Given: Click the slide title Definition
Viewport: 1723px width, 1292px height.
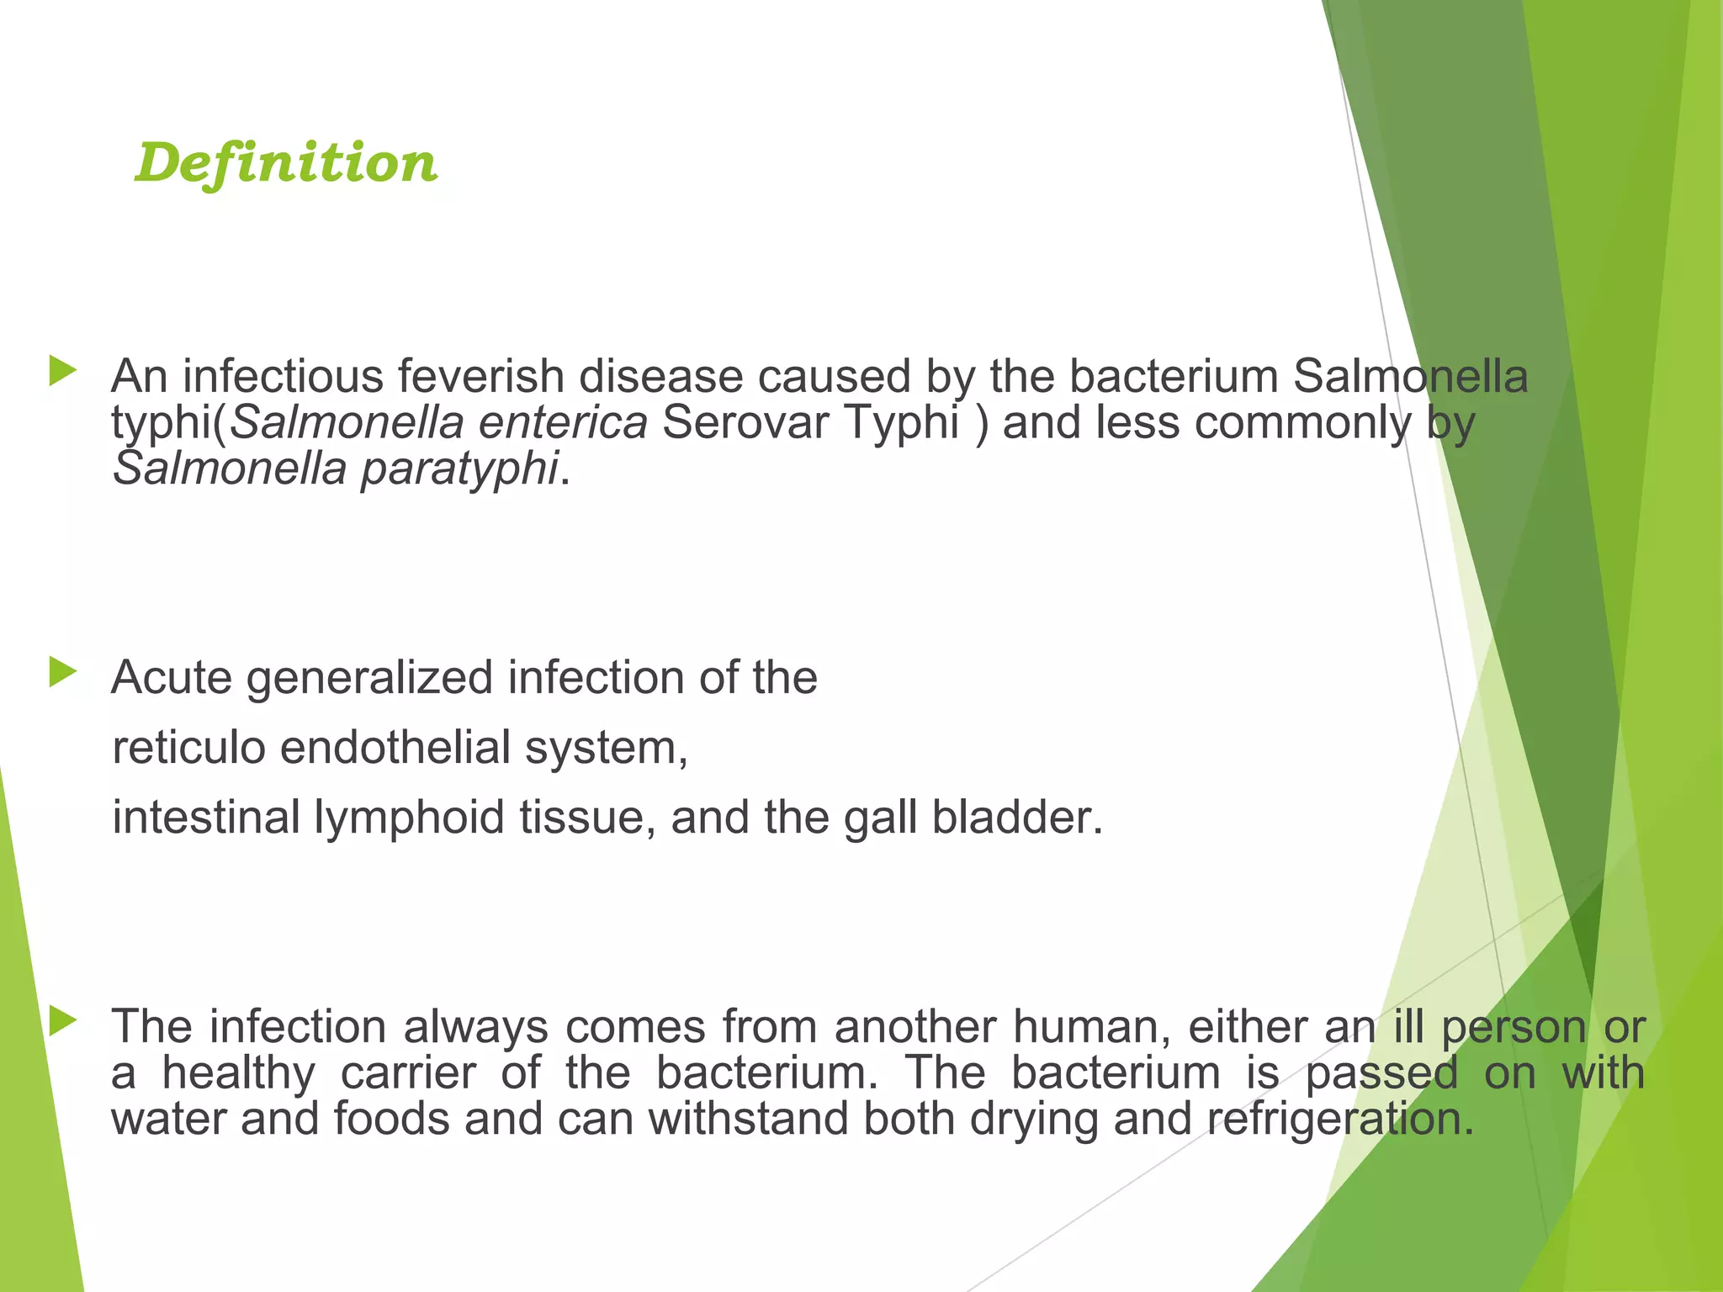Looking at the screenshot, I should tap(286, 162).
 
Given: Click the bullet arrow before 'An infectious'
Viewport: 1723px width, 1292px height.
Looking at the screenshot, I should tap(62, 370).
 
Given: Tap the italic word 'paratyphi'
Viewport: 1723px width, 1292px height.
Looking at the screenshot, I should tap(459, 469).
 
